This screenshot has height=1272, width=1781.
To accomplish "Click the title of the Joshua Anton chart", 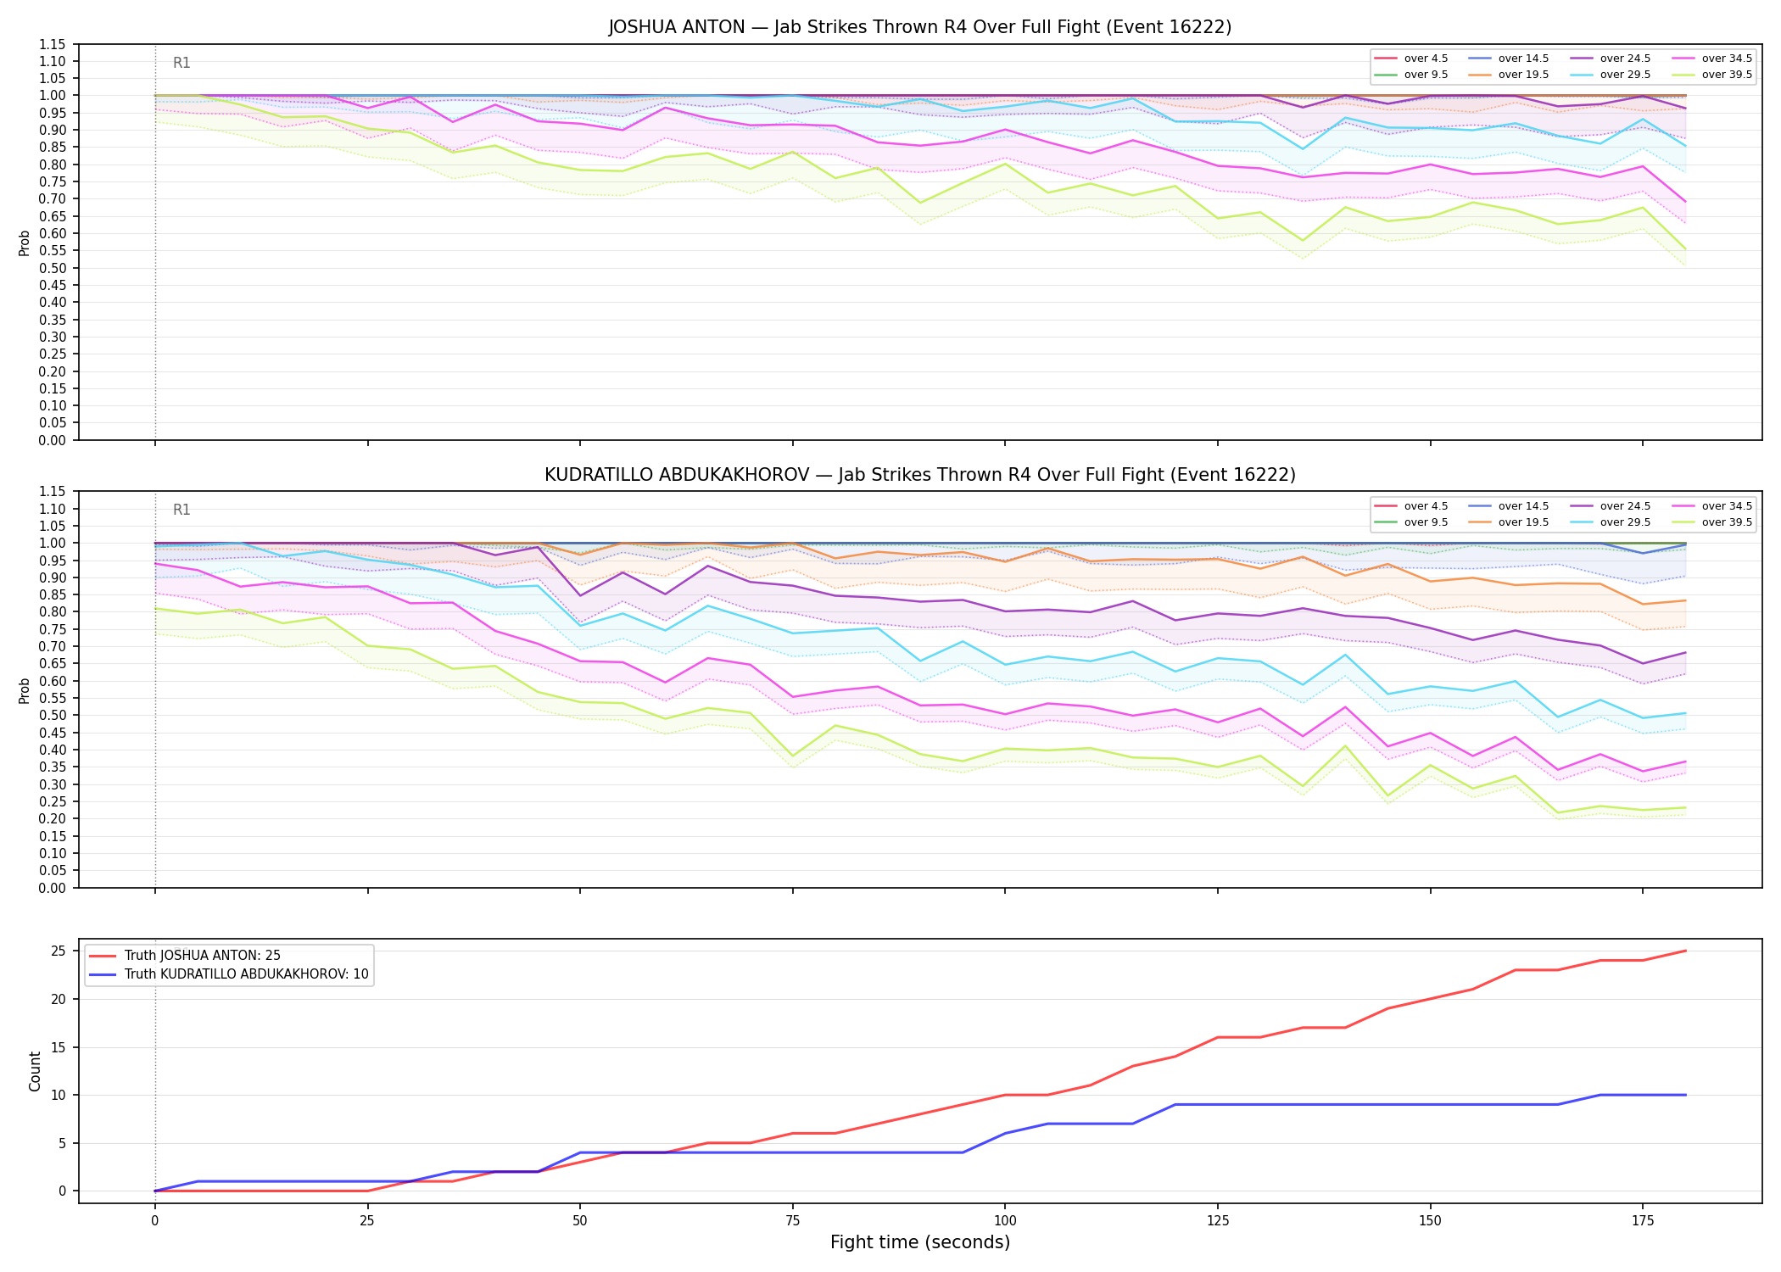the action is pos(919,27).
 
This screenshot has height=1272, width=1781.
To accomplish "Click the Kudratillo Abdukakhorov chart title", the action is pos(919,475).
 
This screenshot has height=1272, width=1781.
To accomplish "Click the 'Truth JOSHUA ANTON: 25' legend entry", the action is pos(202,956).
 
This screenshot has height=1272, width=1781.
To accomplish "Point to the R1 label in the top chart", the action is pos(181,63).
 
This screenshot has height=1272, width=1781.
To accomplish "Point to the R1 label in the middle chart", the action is pos(181,510).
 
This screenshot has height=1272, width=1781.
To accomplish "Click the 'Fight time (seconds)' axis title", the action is pos(920,1242).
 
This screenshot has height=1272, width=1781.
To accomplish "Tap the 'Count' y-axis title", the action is pos(35,1071).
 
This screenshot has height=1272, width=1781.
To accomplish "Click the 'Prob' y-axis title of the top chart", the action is pos(25,243).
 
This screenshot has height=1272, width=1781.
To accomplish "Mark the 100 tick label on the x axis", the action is pos(1005,1221).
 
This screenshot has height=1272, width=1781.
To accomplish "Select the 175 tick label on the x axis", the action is pos(1643,1221).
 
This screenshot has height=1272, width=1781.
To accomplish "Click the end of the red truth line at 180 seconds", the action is pos(1685,951).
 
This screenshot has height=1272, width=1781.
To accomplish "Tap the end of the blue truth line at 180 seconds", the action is pos(1685,1095).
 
